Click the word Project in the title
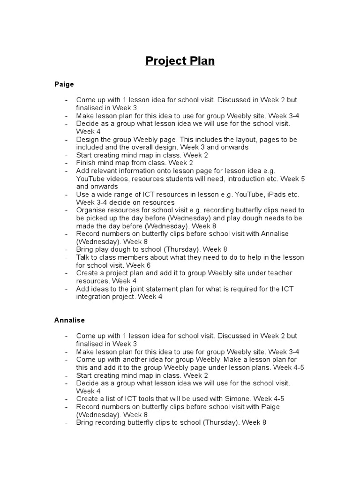coord(162,61)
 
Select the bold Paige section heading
coord(64,84)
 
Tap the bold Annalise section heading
coord(69,320)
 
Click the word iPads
coord(270,195)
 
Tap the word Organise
coord(92,210)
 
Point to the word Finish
coord(86,163)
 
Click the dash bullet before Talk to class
coord(67,258)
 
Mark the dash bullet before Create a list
coord(67,399)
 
